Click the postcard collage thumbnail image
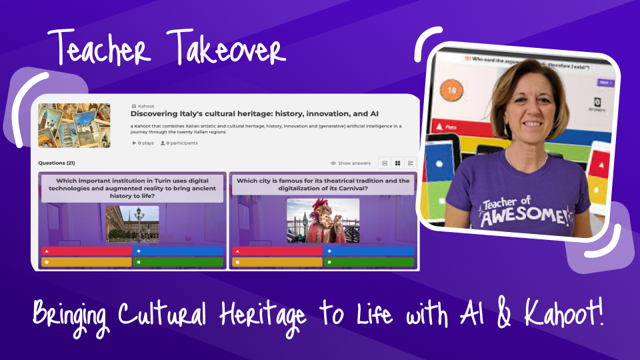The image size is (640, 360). [x=74, y=125]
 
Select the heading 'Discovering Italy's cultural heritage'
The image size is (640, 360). [x=245, y=114]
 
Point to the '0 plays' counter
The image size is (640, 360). [x=143, y=143]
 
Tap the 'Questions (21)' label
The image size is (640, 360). [x=57, y=163]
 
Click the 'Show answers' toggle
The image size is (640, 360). [x=351, y=163]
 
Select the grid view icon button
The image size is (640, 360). [x=397, y=163]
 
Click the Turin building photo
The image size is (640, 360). [x=132, y=223]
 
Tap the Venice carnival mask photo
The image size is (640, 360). [x=323, y=221]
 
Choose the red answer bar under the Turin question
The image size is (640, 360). [x=87, y=251]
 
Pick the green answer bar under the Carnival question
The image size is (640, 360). [x=369, y=262]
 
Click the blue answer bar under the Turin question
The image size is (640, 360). [x=178, y=251]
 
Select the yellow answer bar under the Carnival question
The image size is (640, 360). [x=277, y=262]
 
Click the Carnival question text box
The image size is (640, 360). [x=323, y=185]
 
